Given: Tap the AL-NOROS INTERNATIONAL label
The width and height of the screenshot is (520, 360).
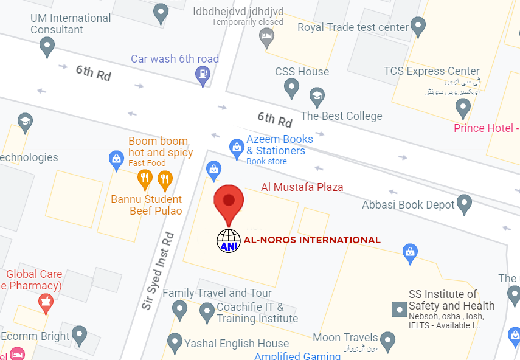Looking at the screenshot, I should (312, 240).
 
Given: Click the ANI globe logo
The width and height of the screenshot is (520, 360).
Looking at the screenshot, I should (229, 240).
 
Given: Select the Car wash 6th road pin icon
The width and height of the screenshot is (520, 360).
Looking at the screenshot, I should (201, 75).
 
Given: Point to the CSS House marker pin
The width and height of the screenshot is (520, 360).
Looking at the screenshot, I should (292, 89).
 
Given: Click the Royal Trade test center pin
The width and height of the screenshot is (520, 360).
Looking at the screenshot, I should (418, 27).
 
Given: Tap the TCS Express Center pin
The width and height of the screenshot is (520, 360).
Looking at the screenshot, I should (463, 108).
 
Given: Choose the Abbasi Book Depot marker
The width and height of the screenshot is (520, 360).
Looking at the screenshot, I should (465, 204).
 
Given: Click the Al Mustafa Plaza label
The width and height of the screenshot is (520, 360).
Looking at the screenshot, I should (302, 187).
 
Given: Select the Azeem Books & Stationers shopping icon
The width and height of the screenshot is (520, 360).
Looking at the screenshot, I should (236, 147).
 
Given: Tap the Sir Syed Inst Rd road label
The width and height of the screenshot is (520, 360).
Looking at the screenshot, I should (158, 271).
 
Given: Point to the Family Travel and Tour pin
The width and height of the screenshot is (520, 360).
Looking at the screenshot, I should (179, 310).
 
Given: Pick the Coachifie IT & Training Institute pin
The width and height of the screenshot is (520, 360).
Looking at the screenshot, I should (207, 313).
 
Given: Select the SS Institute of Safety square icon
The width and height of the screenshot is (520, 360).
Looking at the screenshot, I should (399, 309).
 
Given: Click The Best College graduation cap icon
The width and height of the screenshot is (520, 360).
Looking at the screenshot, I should (316, 96).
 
